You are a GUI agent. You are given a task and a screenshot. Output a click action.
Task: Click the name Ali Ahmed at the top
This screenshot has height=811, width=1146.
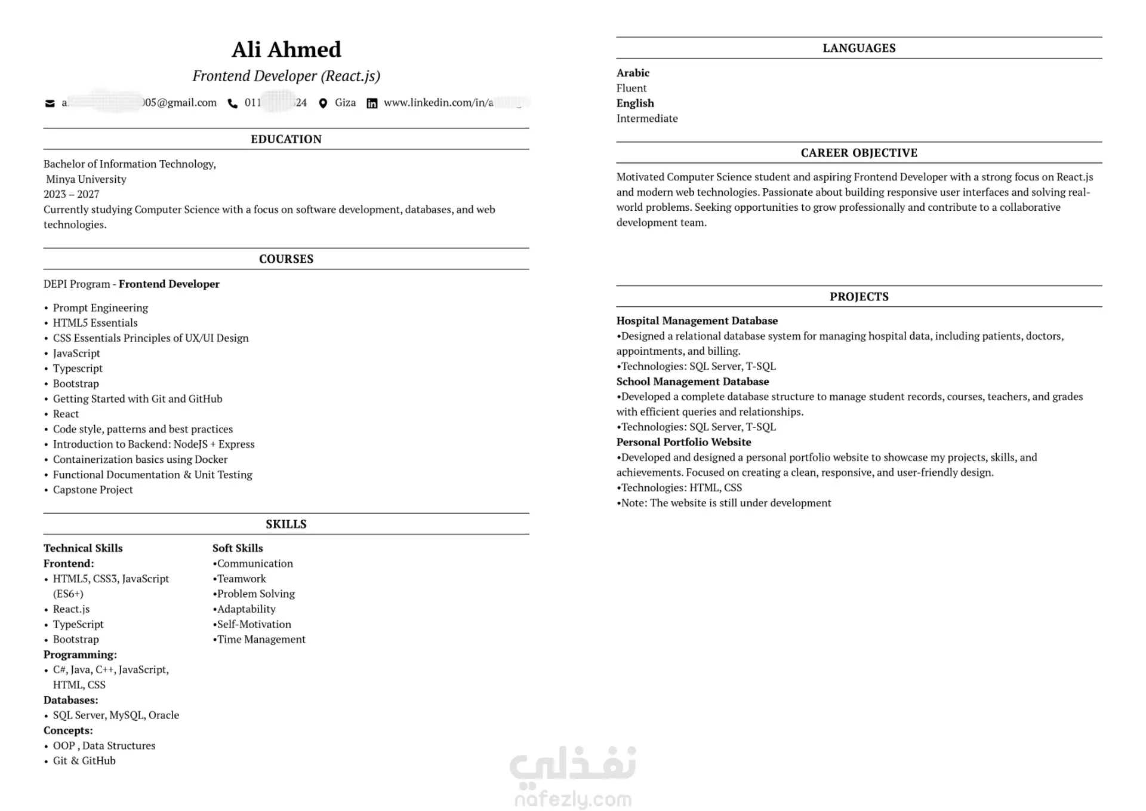coord(286,50)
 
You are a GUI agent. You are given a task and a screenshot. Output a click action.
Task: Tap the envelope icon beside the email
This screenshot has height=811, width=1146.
coord(50,103)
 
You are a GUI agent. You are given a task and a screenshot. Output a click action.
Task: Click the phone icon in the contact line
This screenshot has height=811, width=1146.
coord(232,103)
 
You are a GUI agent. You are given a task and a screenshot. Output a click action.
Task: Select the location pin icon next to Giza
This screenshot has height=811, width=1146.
coord(323,103)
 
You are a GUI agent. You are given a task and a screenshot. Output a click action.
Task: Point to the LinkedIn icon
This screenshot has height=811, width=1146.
coord(372,103)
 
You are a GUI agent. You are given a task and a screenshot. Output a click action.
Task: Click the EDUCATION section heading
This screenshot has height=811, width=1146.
coord(286,139)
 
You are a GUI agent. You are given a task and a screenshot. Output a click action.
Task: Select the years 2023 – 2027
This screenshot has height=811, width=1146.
coord(71,194)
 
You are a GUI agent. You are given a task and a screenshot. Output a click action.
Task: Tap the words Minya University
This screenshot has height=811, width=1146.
coord(86,179)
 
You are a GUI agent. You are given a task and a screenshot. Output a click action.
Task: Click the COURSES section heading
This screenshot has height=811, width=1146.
coord(286,259)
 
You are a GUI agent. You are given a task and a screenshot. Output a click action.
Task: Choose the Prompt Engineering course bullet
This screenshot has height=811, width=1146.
coord(100,308)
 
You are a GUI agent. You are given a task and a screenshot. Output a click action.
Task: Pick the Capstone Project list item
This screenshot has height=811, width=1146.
coord(93,490)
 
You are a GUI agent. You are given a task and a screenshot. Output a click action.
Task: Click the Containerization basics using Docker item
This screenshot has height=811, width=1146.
coord(140,459)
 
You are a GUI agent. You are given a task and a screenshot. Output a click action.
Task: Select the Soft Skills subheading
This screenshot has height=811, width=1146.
coord(238,548)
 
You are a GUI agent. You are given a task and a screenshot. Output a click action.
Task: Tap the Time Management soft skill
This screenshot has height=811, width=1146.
coord(261,640)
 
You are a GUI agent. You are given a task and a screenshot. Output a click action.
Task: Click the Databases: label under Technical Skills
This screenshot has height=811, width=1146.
coord(70,700)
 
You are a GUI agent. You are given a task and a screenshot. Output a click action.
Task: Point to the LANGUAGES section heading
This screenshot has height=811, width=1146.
coord(859,48)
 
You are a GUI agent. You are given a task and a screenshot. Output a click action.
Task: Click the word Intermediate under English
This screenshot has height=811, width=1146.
coord(647,118)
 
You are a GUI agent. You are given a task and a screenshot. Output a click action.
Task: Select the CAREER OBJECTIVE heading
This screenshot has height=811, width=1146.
coord(859,153)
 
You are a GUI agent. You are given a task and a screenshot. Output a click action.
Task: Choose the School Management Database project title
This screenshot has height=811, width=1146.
coord(692,382)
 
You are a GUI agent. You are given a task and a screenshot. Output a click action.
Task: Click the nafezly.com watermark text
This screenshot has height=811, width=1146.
coord(573,799)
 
